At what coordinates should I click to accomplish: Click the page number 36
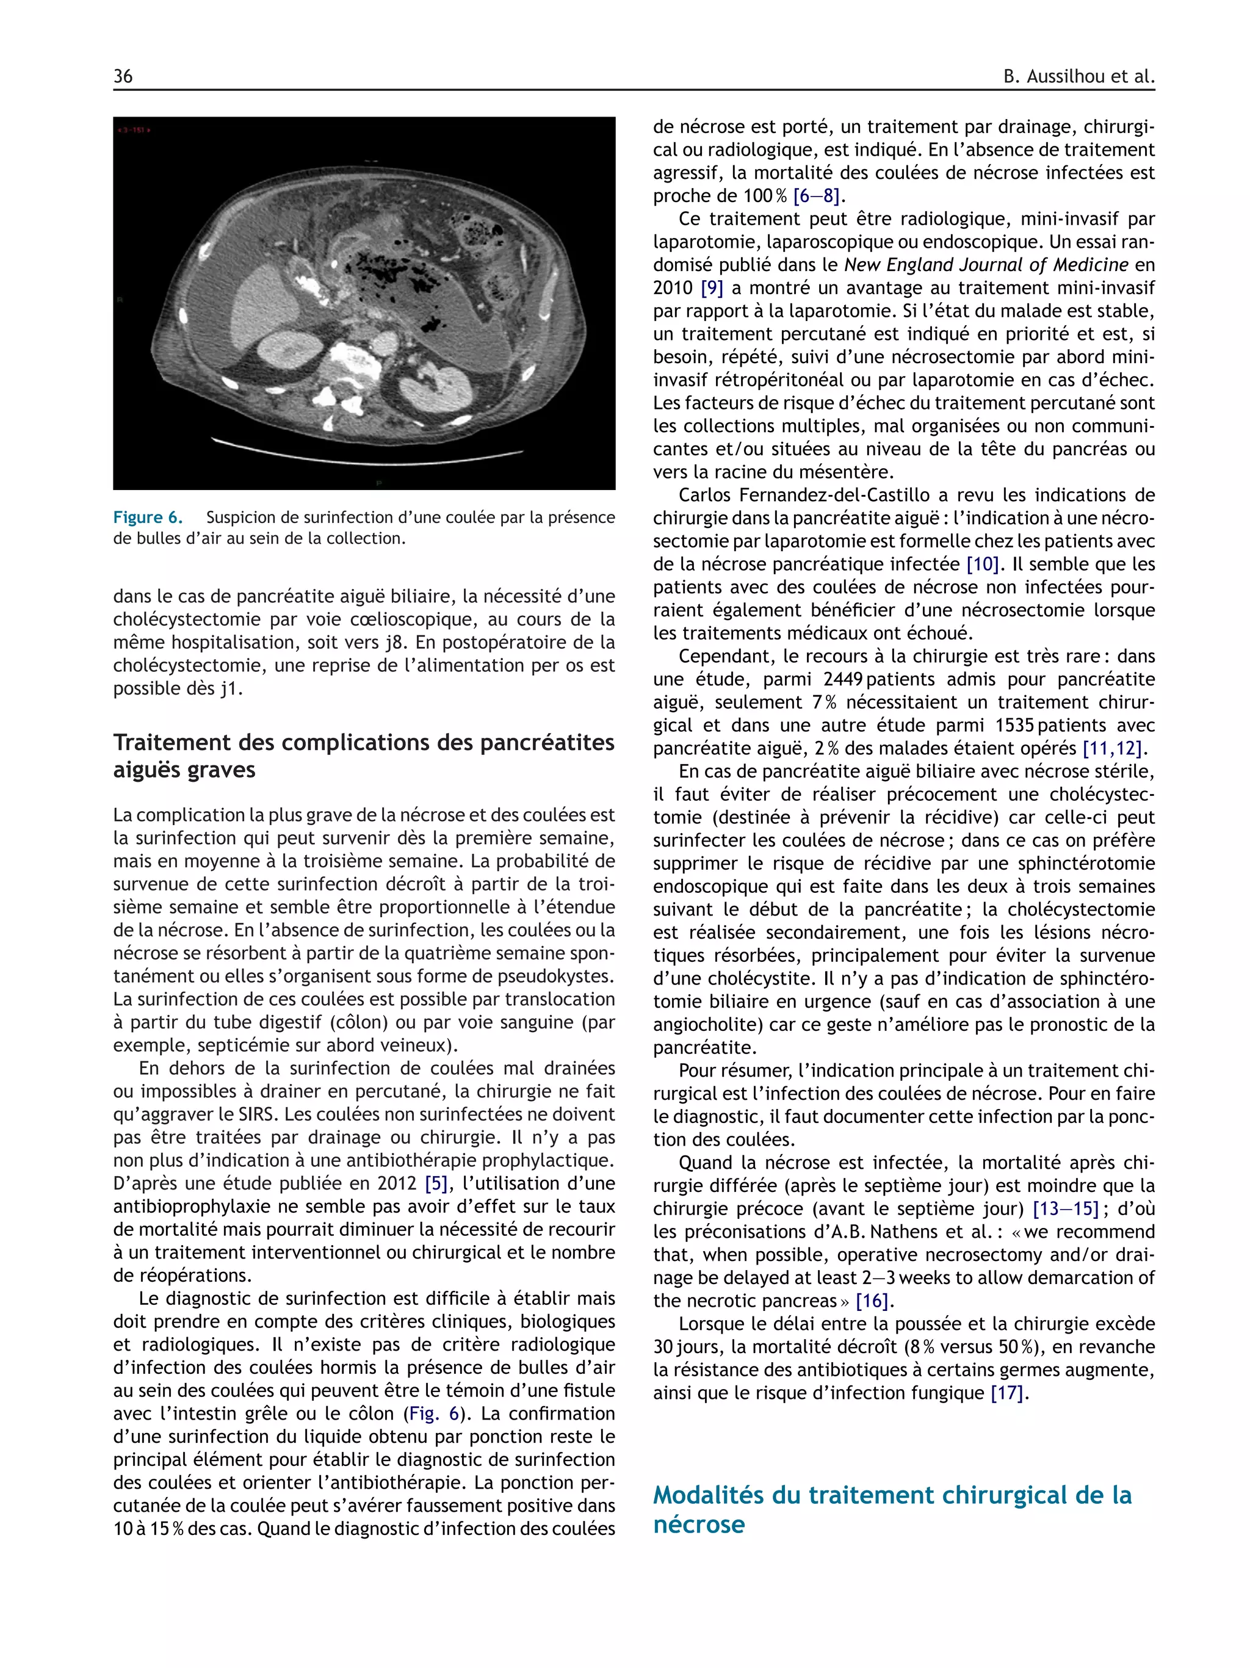(x=123, y=76)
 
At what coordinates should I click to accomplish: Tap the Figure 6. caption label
(x=148, y=518)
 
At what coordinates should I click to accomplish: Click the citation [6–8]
(x=817, y=196)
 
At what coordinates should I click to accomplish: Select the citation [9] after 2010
(x=712, y=288)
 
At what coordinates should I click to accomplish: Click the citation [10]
(x=982, y=564)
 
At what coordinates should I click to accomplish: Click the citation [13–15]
(x=1065, y=1209)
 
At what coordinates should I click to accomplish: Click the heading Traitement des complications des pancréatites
(x=363, y=743)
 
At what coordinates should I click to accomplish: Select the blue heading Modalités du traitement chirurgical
(x=892, y=1495)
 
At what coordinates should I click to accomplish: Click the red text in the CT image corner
(x=134, y=131)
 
